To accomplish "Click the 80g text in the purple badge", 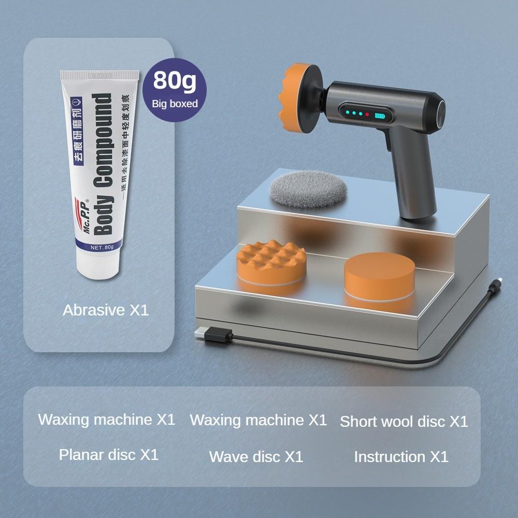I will click(x=175, y=81).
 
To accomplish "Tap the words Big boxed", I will click(x=175, y=104).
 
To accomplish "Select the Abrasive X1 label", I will click(x=106, y=310).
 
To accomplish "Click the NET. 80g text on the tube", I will click(x=102, y=247).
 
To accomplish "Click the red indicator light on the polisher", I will click(x=367, y=114).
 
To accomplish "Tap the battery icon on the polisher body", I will click(x=381, y=116).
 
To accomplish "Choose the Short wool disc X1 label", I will click(x=404, y=422).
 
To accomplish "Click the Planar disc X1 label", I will click(x=108, y=454).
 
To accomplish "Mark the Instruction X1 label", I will click(x=401, y=456).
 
